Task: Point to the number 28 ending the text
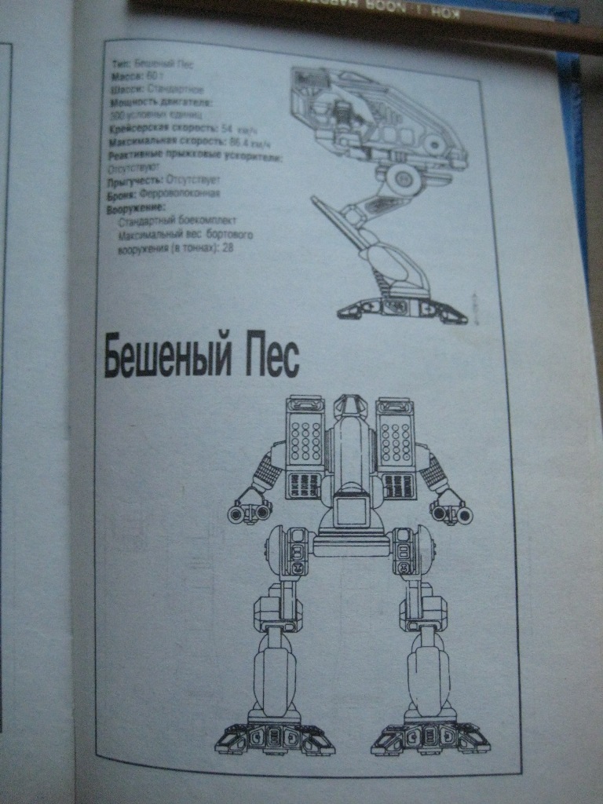tap(228, 248)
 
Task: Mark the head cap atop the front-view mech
tap(351, 407)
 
